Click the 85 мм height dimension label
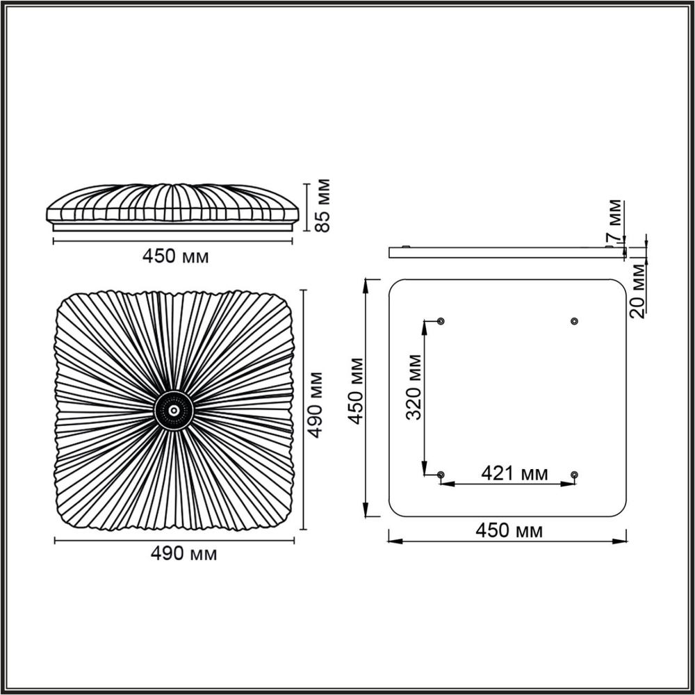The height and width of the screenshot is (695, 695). click(x=321, y=206)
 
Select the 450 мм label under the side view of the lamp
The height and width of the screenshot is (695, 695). click(x=175, y=256)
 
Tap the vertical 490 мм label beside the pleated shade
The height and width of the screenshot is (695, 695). click(x=317, y=404)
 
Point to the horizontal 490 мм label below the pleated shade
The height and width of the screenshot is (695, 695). click(x=183, y=554)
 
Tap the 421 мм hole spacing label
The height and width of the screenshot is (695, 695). click(x=515, y=474)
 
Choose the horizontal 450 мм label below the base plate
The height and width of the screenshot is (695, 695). click(x=509, y=531)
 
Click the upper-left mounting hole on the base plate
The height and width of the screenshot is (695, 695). click(x=441, y=321)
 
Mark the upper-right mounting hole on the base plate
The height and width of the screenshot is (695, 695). click(x=574, y=321)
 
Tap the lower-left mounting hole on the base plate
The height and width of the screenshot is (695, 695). click(x=441, y=474)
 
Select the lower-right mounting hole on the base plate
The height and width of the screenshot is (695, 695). click(x=574, y=474)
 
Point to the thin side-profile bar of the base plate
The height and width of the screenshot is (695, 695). click(x=507, y=252)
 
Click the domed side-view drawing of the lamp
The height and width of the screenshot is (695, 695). click(x=174, y=206)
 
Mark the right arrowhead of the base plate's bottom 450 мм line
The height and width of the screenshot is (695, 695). click(x=623, y=541)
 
